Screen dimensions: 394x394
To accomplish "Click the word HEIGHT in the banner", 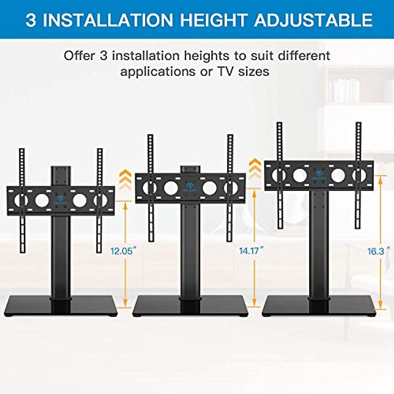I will click(x=213, y=20).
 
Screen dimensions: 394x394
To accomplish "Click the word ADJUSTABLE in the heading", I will click(x=314, y=20).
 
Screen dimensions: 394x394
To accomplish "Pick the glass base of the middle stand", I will click(x=190, y=306).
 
